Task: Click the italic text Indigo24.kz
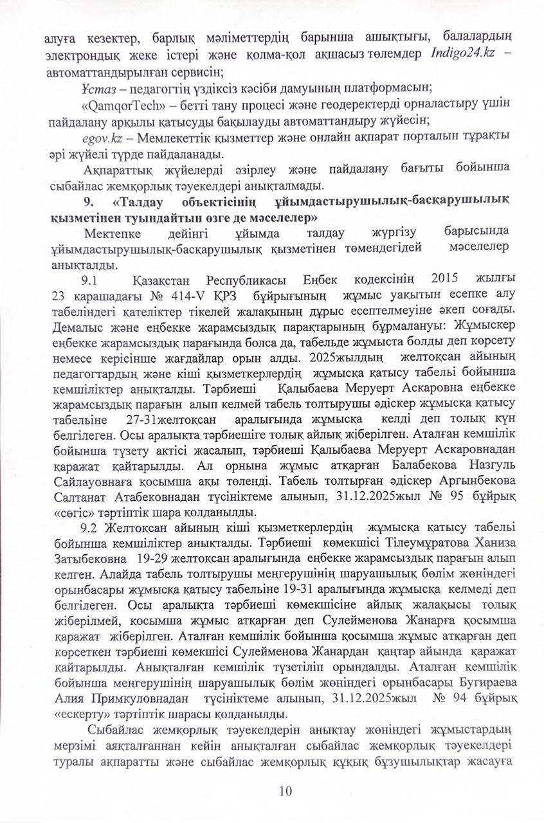click(x=462, y=54)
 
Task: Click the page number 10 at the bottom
click(x=286, y=790)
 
